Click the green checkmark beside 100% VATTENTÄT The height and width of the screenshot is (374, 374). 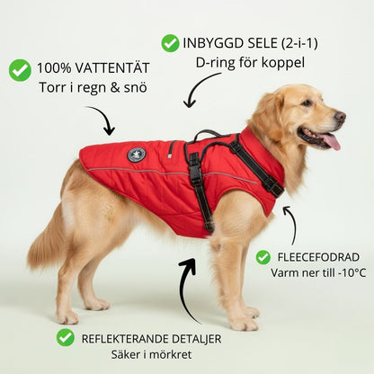20,70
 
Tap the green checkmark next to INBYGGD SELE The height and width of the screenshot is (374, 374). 170,43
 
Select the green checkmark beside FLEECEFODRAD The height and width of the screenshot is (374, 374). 263,257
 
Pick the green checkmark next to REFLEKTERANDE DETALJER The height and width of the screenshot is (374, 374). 66,337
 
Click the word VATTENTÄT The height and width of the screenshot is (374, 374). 111,68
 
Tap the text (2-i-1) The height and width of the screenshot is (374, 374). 299,44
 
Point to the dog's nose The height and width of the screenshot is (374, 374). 340,117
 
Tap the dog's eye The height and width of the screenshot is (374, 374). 307,103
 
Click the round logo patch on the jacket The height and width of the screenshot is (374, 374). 137,155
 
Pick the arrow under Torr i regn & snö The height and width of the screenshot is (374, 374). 103,119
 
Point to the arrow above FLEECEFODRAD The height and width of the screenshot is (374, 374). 291,223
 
